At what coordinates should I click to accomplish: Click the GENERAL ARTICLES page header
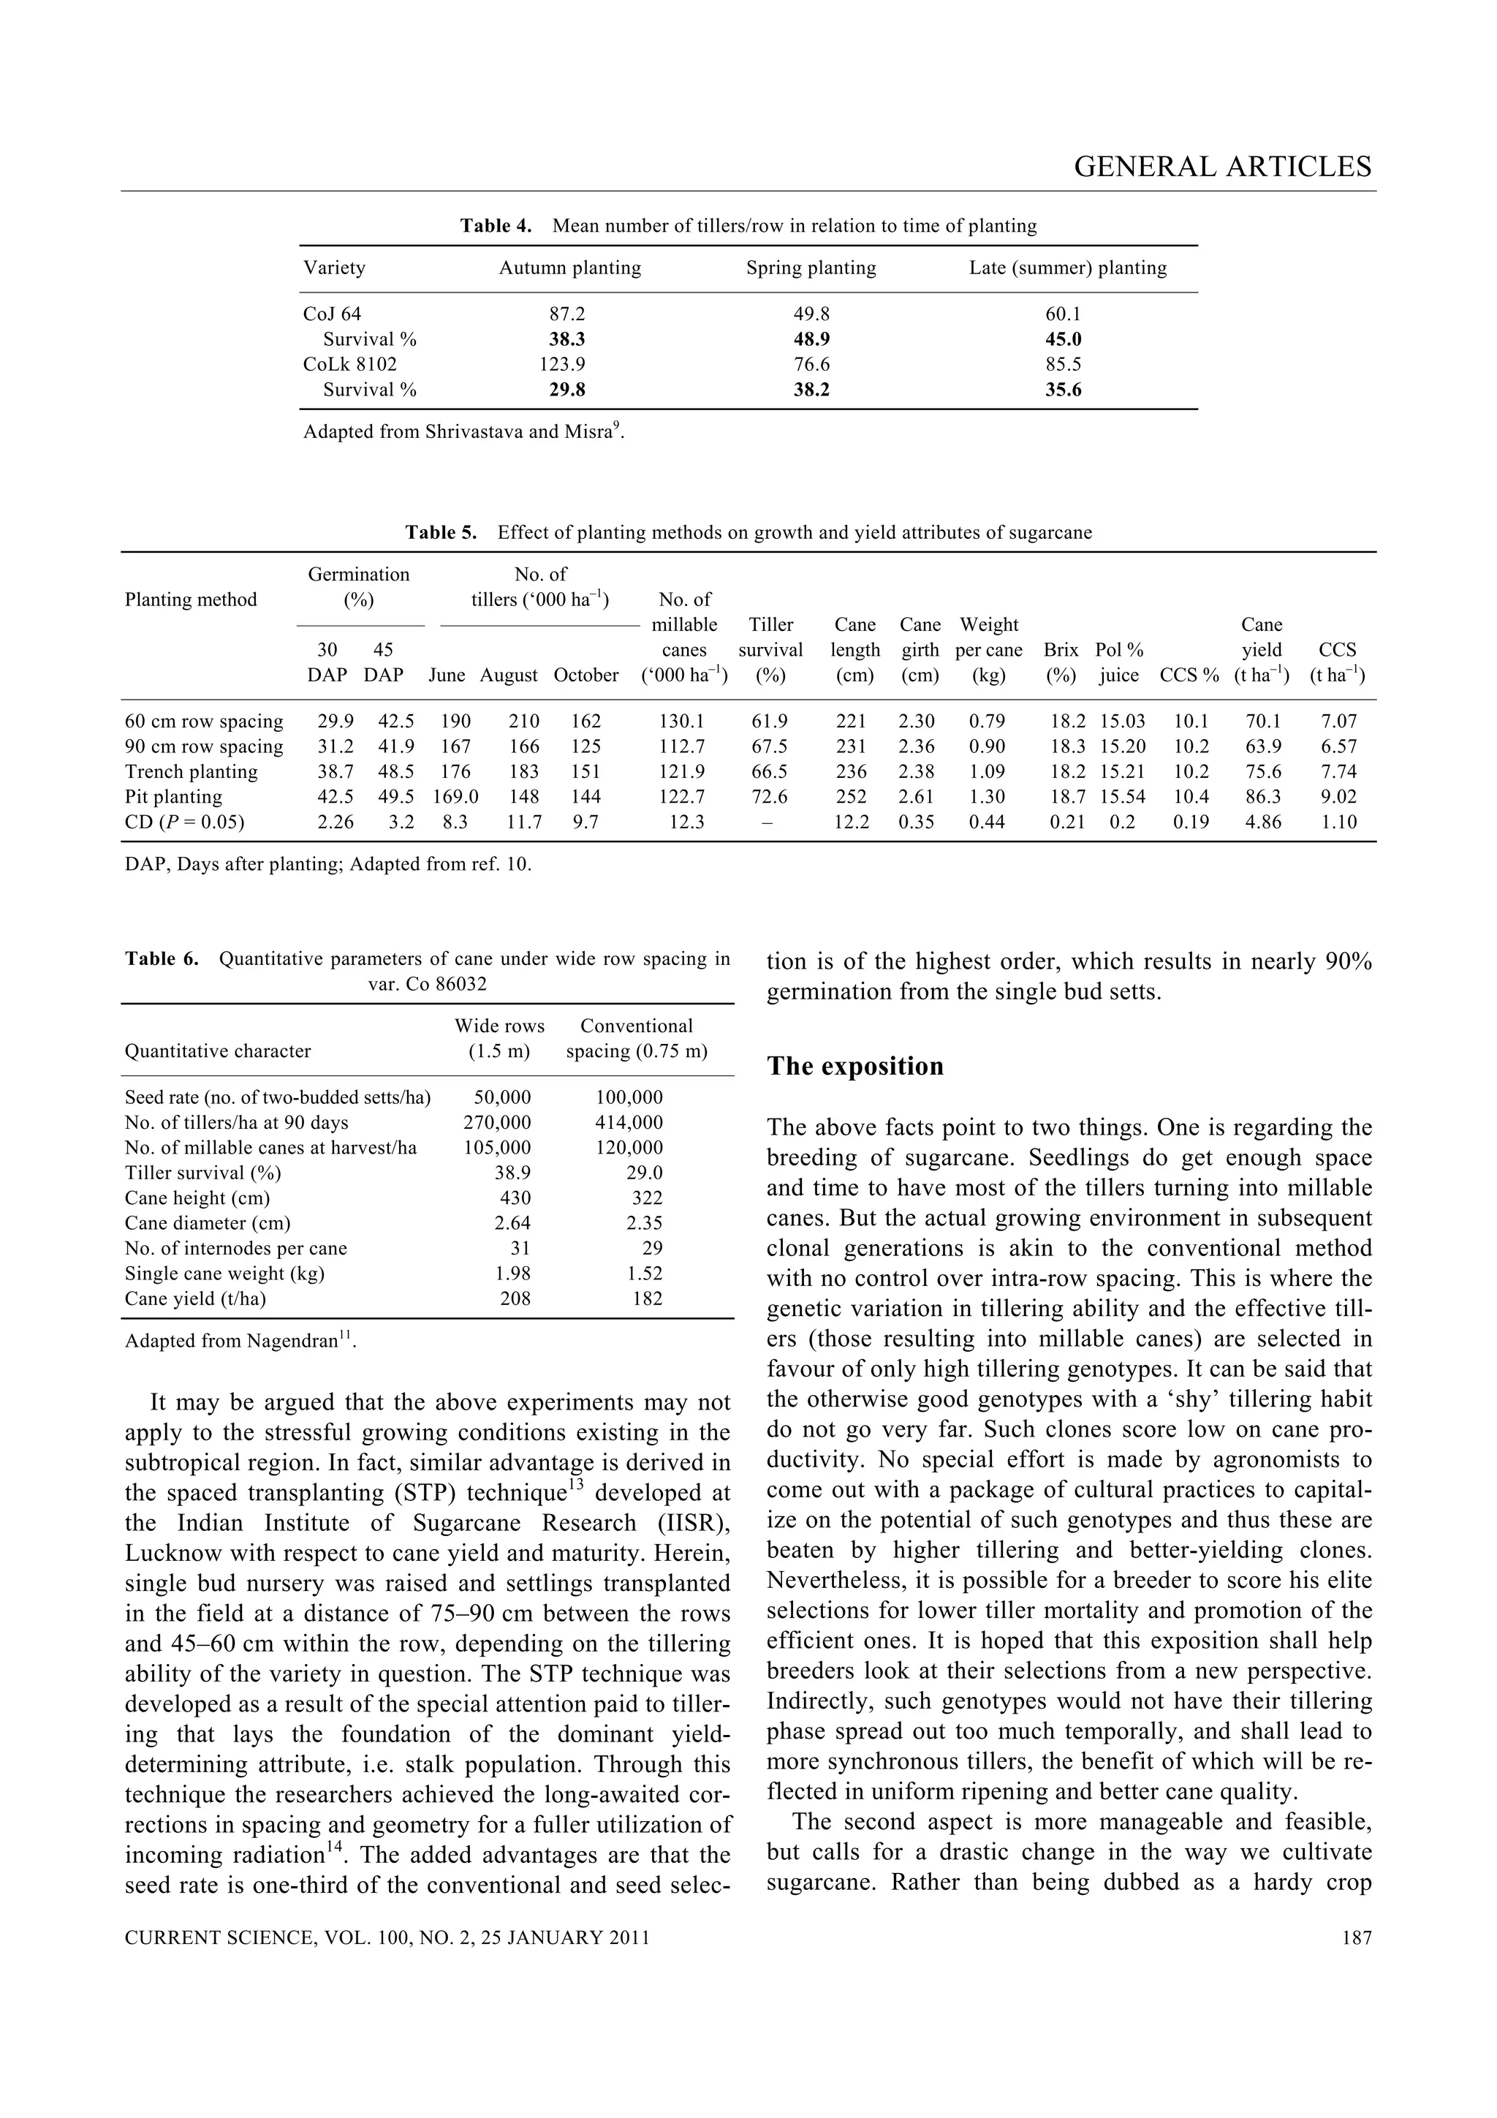[1222, 167]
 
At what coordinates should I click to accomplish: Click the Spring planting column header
[811, 268]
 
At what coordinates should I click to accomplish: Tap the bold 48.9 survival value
[811, 339]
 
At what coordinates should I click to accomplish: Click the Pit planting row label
[173, 797]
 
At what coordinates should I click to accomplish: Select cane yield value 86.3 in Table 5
[1262, 797]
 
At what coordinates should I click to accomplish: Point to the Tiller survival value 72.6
[770, 797]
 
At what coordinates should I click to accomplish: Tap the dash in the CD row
[770, 822]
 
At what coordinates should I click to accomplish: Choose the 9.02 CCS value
[1338, 797]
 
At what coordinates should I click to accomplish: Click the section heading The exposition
[855, 1067]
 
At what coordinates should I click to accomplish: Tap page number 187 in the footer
[1356, 1938]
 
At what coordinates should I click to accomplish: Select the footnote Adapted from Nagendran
[240, 1342]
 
